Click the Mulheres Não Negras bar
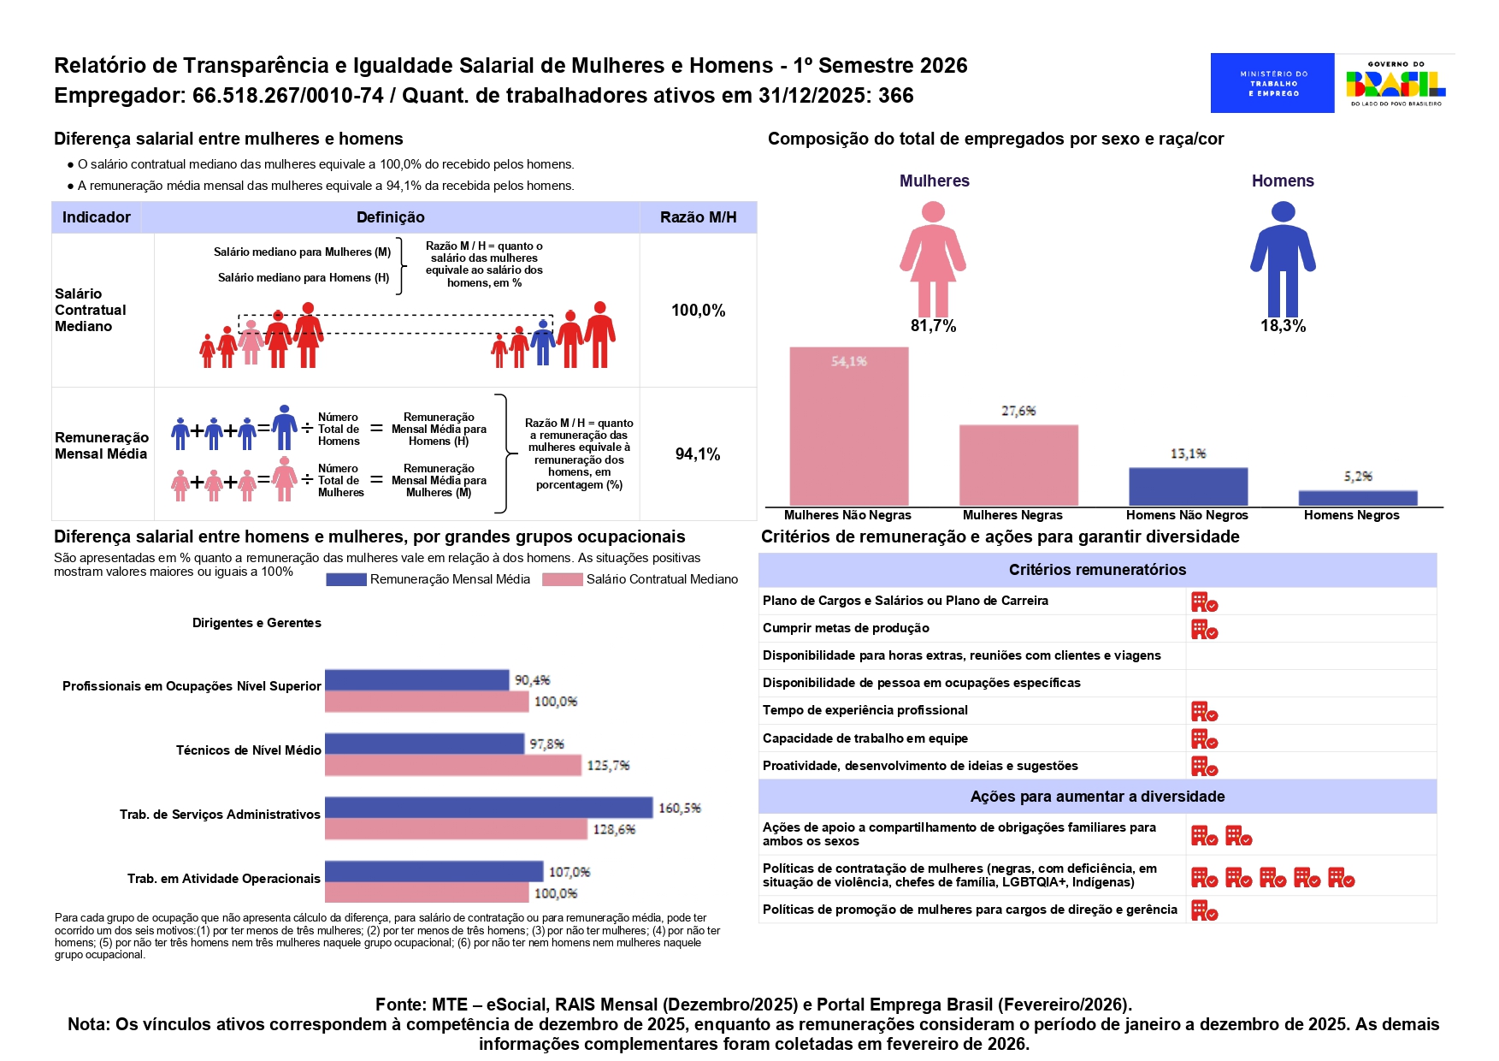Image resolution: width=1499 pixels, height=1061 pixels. (848, 426)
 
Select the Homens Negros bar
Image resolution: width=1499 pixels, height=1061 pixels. (1357, 498)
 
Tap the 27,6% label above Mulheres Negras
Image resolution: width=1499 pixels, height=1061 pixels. (1018, 411)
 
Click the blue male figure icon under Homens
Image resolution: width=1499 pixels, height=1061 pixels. (1283, 258)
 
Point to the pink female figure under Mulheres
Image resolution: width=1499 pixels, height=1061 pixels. (933, 258)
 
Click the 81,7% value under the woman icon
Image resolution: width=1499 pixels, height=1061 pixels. (933, 326)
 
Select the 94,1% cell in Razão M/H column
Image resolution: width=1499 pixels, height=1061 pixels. (698, 454)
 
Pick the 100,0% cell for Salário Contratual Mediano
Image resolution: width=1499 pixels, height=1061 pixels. (698, 311)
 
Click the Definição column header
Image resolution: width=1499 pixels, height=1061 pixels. (390, 217)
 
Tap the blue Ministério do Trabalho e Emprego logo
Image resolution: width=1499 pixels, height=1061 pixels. (1272, 83)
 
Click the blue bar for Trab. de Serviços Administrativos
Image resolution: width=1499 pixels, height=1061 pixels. (488, 808)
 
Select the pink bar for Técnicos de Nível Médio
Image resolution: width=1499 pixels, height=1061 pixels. (452, 766)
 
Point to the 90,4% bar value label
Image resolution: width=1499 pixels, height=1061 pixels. (532, 680)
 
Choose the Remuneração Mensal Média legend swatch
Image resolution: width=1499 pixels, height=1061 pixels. (345, 579)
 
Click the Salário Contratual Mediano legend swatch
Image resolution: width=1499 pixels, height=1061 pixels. (562, 579)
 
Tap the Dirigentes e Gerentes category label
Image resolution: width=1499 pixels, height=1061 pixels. (257, 623)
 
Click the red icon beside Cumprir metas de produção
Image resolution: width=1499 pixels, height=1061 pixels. (1204, 630)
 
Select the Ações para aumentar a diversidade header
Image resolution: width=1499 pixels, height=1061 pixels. (1097, 797)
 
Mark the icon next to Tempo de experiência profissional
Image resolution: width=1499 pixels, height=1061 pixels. (1204, 712)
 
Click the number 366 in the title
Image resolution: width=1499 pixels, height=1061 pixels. (895, 96)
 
